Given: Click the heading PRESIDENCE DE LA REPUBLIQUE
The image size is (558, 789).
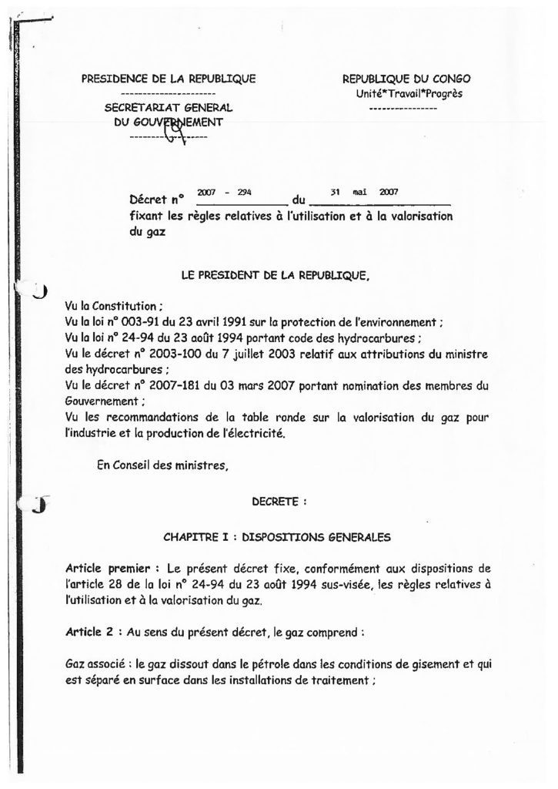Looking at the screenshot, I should [x=169, y=79].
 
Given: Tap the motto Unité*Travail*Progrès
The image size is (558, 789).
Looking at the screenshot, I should [x=404, y=94].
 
